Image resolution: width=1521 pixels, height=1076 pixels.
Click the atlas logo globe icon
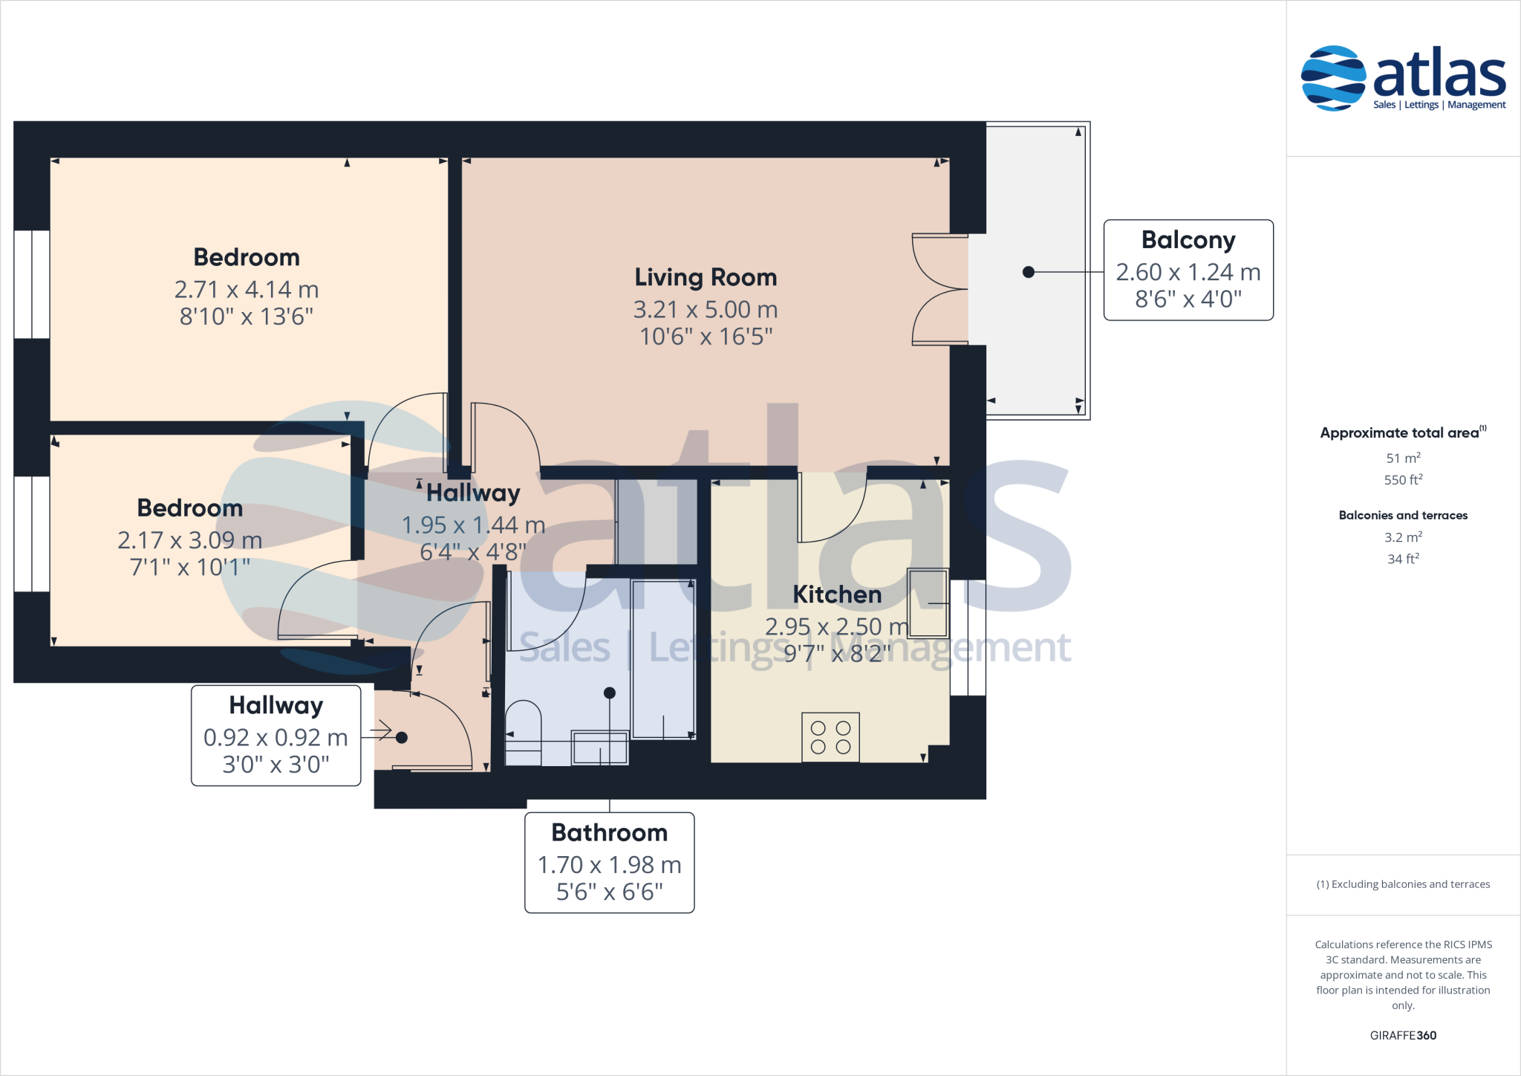(x=1333, y=78)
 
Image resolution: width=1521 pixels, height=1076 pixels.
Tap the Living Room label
(x=706, y=277)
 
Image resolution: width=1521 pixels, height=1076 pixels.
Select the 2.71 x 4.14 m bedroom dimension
(x=247, y=289)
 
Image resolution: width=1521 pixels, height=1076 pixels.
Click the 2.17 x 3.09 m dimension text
(x=190, y=539)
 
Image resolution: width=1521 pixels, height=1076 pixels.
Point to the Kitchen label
(x=837, y=594)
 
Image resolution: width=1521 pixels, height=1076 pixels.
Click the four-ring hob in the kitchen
(x=830, y=737)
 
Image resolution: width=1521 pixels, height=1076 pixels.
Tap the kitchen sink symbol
(x=928, y=603)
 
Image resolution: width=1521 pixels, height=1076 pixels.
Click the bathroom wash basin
(x=600, y=748)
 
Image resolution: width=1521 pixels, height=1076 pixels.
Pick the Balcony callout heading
(x=1188, y=240)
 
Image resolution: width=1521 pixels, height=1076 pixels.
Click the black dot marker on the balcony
(x=1029, y=272)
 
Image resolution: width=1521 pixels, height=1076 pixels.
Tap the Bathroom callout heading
(x=609, y=832)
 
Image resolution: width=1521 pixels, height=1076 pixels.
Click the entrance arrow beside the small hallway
(x=381, y=731)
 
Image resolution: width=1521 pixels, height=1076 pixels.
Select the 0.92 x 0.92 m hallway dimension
(x=276, y=737)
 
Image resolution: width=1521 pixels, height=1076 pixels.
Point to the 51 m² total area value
(x=1403, y=458)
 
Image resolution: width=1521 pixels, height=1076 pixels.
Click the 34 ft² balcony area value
(x=1403, y=559)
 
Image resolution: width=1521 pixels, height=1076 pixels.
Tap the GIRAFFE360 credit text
(x=1403, y=1035)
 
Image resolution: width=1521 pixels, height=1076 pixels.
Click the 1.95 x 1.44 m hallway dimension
(x=473, y=525)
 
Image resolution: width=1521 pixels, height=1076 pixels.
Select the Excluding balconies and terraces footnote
(x=1403, y=884)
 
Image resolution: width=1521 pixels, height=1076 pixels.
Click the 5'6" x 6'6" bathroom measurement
(x=609, y=892)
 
